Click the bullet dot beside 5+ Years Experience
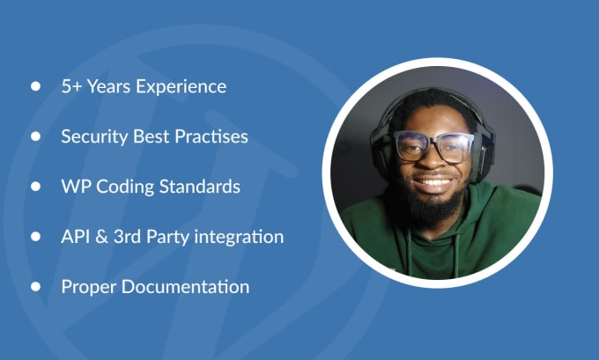coord(35,86)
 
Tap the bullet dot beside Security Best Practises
coord(35,136)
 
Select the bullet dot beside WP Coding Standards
coord(35,187)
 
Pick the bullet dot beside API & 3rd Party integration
coord(35,236)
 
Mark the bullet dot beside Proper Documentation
coord(35,286)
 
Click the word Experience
coord(181,87)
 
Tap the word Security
coord(94,137)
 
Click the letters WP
coord(76,187)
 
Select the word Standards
coord(199,187)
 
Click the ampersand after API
coord(101,237)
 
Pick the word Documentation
coord(185,287)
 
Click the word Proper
coord(89,288)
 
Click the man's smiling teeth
coord(433,181)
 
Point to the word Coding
coord(125,187)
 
